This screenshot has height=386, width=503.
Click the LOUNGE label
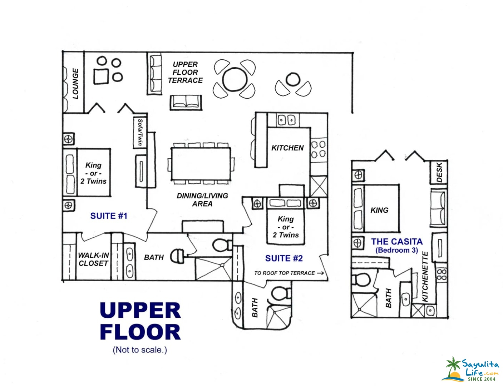(75, 83)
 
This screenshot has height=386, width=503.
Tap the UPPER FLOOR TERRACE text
(185, 73)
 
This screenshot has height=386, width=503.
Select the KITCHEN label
(287, 148)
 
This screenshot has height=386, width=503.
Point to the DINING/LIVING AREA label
(202, 200)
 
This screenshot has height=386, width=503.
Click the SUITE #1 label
(109, 216)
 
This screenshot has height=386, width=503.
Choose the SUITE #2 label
(284, 258)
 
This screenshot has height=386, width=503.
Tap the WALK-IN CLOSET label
(93, 259)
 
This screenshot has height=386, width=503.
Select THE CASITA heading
(397, 242)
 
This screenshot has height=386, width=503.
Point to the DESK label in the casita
(439, 172)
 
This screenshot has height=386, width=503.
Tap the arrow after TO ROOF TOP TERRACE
(320, 273)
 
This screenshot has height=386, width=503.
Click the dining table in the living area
(201, 164)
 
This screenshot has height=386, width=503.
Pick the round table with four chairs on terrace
(235, 79)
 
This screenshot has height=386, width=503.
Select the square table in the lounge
(101, 76)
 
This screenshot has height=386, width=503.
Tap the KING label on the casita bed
(379, 210)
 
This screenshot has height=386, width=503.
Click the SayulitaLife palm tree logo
(453, 368)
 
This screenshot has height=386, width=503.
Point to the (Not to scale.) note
(140, 350)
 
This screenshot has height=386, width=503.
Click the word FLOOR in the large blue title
(140, 332)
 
